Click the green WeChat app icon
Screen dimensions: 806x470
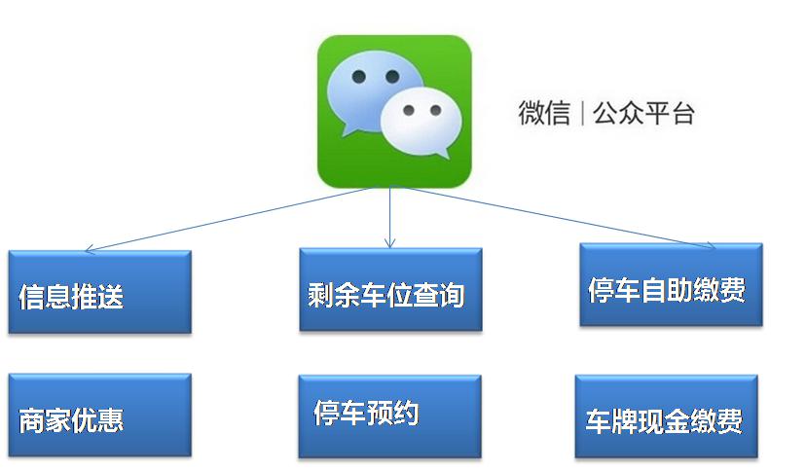click(x=394, y=111)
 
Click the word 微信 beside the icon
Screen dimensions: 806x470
click(x=544, y=113)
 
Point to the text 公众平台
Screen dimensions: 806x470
click(x=643, y=113)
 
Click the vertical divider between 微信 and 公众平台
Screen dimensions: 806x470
click(x=582, y=113)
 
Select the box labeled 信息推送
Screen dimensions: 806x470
click(x=99, y=292)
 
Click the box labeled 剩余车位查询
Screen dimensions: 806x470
click(x=390, y=290)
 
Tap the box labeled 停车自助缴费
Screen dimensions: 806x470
click(x=671, y=284)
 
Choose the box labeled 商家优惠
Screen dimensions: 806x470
click(x=99, y=416)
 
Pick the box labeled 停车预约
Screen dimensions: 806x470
click(x=389, y=416)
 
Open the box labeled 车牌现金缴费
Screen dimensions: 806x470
click(x=666, y=416)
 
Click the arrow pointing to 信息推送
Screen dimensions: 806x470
click(x=230, y=219)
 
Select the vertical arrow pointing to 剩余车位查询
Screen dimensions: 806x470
click(x=389, y=217)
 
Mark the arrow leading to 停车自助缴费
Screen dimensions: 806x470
click(x=560, y=217)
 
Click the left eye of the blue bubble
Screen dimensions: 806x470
click(x=358, y=77)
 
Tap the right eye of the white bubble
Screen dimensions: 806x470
click(x=436, y=110)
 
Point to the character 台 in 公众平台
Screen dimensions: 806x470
click(x=682, y=113)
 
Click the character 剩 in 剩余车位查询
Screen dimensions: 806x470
click(x=321, y=296)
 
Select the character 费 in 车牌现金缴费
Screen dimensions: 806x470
click(x=729, y=421)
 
